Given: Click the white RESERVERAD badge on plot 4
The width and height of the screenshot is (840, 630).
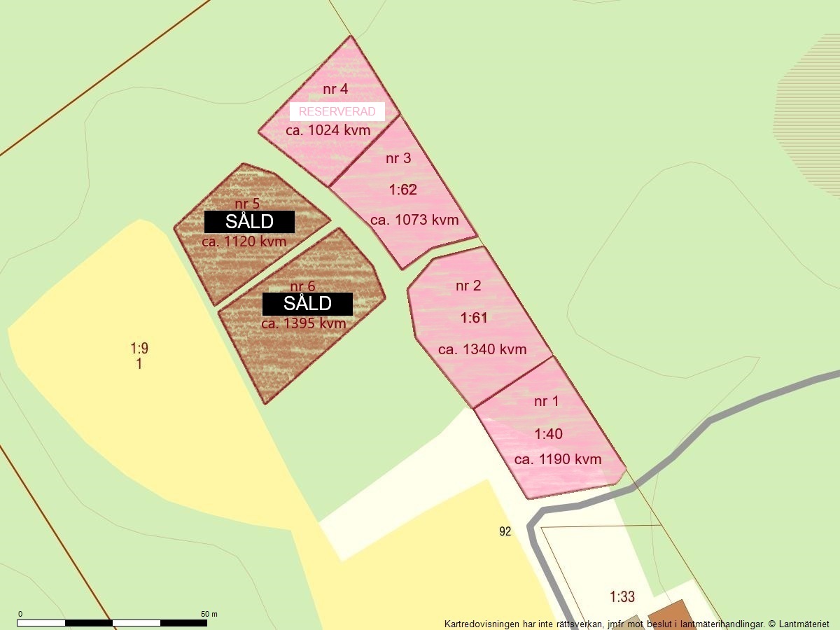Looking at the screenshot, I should [337, 111].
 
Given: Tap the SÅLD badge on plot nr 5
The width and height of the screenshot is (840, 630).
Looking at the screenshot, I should [249, 222].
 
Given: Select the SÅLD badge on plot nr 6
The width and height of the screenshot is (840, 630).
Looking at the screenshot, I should [307, 304].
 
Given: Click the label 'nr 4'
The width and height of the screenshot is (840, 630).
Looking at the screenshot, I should [335, 89].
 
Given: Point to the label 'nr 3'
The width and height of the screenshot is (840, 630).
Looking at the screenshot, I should [398, 158].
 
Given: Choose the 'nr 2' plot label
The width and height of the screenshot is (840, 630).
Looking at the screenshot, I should [468, 286].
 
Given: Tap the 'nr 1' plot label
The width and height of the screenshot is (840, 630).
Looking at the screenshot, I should [547, 401].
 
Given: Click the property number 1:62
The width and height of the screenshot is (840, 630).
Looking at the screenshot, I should [402, 189].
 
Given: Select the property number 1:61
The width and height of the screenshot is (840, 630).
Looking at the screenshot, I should [473, 318].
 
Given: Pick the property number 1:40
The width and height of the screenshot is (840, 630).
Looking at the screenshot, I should [548, 434].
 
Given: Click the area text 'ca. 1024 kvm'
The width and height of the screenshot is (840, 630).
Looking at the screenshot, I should [328, 130].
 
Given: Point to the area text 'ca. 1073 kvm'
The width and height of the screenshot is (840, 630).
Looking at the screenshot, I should [414, 220].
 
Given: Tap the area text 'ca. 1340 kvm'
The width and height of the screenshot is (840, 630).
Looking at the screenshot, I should [482, 349].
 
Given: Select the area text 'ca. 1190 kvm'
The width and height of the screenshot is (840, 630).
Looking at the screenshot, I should [558, 459].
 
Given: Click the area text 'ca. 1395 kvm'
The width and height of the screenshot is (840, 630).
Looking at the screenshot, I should [304, 323].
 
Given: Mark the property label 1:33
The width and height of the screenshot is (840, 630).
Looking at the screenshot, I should [622, 597].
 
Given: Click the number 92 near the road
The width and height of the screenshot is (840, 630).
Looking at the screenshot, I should [505, 531].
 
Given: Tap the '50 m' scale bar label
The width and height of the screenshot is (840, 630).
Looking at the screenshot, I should [209, 614].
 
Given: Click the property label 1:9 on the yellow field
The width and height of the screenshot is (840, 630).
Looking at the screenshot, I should [139, 348].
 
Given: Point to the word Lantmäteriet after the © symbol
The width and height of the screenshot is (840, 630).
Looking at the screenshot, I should [801, 624].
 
